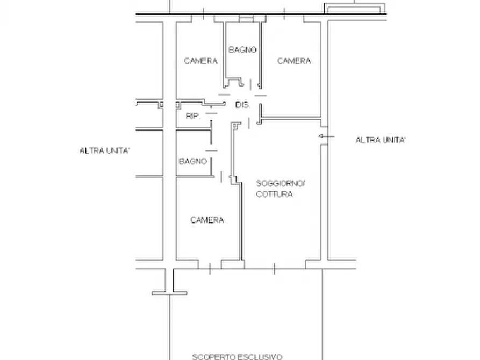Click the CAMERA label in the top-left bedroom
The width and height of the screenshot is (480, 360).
coord(201,61)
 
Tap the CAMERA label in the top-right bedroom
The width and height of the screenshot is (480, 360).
coord(294,61)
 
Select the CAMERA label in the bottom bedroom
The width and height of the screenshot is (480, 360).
coord(207,220)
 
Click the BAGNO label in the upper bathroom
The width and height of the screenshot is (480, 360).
coord(242,49)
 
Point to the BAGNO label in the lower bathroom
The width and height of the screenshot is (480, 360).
coord(193,161)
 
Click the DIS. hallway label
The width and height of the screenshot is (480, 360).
coord(242,105)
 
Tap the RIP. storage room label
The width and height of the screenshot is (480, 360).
coord(193,116)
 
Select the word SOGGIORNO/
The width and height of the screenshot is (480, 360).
coord(281,183)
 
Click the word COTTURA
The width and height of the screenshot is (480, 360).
coord(274,194)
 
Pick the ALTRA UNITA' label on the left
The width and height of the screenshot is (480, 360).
coord(105,150)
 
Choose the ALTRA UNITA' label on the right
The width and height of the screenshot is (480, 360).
coord(381,140)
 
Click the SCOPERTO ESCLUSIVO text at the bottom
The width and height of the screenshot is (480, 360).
coord(237,357)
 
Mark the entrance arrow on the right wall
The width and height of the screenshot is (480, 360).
coord(326,136)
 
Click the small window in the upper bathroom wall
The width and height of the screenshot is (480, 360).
coord(246,19)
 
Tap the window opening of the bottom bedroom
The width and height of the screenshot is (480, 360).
coord(210,265)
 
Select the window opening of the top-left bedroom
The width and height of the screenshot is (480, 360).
coord(203,18)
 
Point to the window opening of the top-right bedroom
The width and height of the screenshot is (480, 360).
coord(284,18)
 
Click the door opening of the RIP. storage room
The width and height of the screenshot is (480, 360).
coord(211,113)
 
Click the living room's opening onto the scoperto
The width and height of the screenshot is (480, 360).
coord(275,265)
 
